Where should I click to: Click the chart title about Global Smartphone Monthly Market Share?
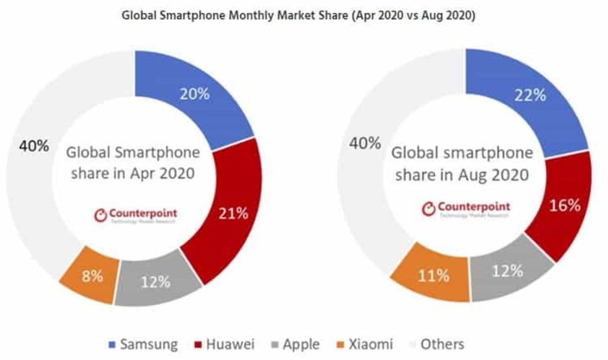pyautogui.click(x=298, y=16)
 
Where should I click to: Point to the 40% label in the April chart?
pyautogui.click(x=34, y=146)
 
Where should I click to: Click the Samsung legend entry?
pyautogui.click(x=142, y=345)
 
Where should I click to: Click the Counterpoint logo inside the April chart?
pyautogui.click(x=136, y=214)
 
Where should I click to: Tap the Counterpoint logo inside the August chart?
pyautogui.click(x=467, y=209)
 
